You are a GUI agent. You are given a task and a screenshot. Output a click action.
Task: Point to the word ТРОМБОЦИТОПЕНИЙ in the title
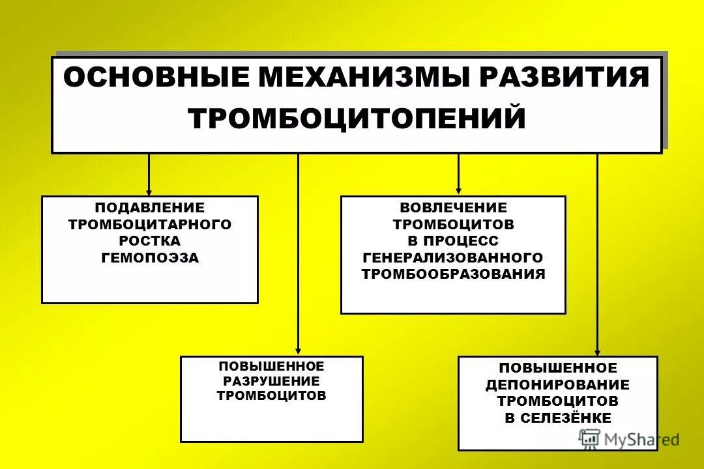tap(357, 119)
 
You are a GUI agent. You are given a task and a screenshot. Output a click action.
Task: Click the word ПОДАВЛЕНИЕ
tap(150, 208)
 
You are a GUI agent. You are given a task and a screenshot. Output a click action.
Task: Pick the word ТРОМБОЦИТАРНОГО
tap(150, 225)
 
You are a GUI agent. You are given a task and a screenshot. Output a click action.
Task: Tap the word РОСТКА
tap(150, 241)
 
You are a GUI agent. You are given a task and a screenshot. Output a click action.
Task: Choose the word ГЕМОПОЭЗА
tap(150, 258)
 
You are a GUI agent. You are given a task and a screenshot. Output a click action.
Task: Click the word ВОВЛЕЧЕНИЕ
tap(453, 208)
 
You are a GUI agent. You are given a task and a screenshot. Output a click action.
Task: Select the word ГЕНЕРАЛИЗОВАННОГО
tap(453, 257)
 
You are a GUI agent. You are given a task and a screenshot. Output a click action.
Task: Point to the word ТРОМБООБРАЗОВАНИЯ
tap(453, 274)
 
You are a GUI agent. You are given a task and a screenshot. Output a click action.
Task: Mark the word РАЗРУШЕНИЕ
tap(271, 381)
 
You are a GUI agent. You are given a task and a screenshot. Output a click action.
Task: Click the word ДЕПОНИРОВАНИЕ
tap(557, 385)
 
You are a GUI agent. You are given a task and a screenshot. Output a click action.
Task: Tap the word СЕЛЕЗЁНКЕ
tap(566, 418)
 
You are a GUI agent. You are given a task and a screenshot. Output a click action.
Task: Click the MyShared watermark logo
tap(628, 440)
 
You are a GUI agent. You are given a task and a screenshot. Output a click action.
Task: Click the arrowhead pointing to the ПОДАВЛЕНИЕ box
tap(149, 192)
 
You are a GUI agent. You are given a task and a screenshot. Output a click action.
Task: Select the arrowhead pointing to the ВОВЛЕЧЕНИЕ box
tap(458, 192)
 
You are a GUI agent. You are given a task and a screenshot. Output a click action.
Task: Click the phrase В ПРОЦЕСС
tap(453, 241)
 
